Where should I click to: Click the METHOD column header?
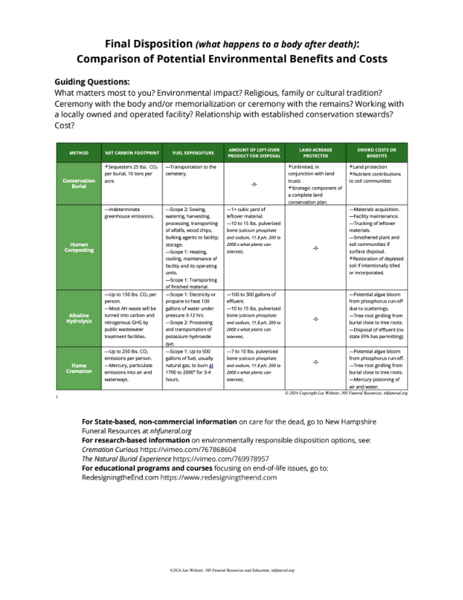pyautogui.click(x=78, y=153)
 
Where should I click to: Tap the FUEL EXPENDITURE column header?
pyautogui.click(x=193, y=153)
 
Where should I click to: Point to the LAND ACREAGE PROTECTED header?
pyautogui.click(x=316, y=152)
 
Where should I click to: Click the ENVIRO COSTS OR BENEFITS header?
pyautogui.click(x=377, y=152)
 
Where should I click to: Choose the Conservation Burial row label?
pyautogui.click(x=78, y=183)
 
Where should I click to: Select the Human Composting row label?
pyautogui.click(x=78, y=247)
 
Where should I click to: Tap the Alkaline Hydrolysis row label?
pyautogui.click(x=78, y=318)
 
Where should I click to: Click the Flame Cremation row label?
pyautogui.click(x=78, y=367)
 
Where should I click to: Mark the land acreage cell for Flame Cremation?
pyautogui.click(x=316, y=361)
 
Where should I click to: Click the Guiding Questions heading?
pyautogui.click(x=92, y=82)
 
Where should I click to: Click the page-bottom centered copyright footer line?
pyautogui.click(x=231, y=570)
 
